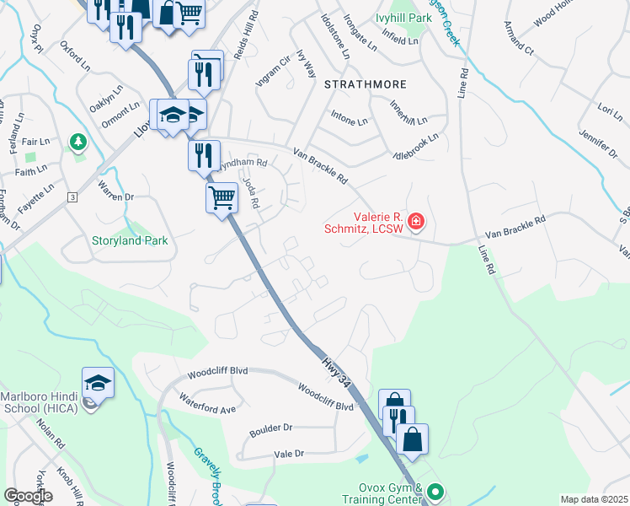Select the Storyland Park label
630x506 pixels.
(130, 240)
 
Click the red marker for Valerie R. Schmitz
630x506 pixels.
(415, 222)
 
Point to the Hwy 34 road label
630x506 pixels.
(334, 372)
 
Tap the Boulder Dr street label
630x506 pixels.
(270, 431)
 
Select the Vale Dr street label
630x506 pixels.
(288, 454)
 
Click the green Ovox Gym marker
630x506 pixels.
(435, 490)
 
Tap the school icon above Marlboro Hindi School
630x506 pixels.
(98, 383)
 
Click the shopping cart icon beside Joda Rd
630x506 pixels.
(222, 199)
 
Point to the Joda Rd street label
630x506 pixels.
(249, 193)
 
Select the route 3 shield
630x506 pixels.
(73, 196)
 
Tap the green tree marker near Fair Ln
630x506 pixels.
(78, 141)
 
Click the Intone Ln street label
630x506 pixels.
(350, 121)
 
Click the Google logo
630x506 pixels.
(28, 496)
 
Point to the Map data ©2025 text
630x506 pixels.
(594, 499)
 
